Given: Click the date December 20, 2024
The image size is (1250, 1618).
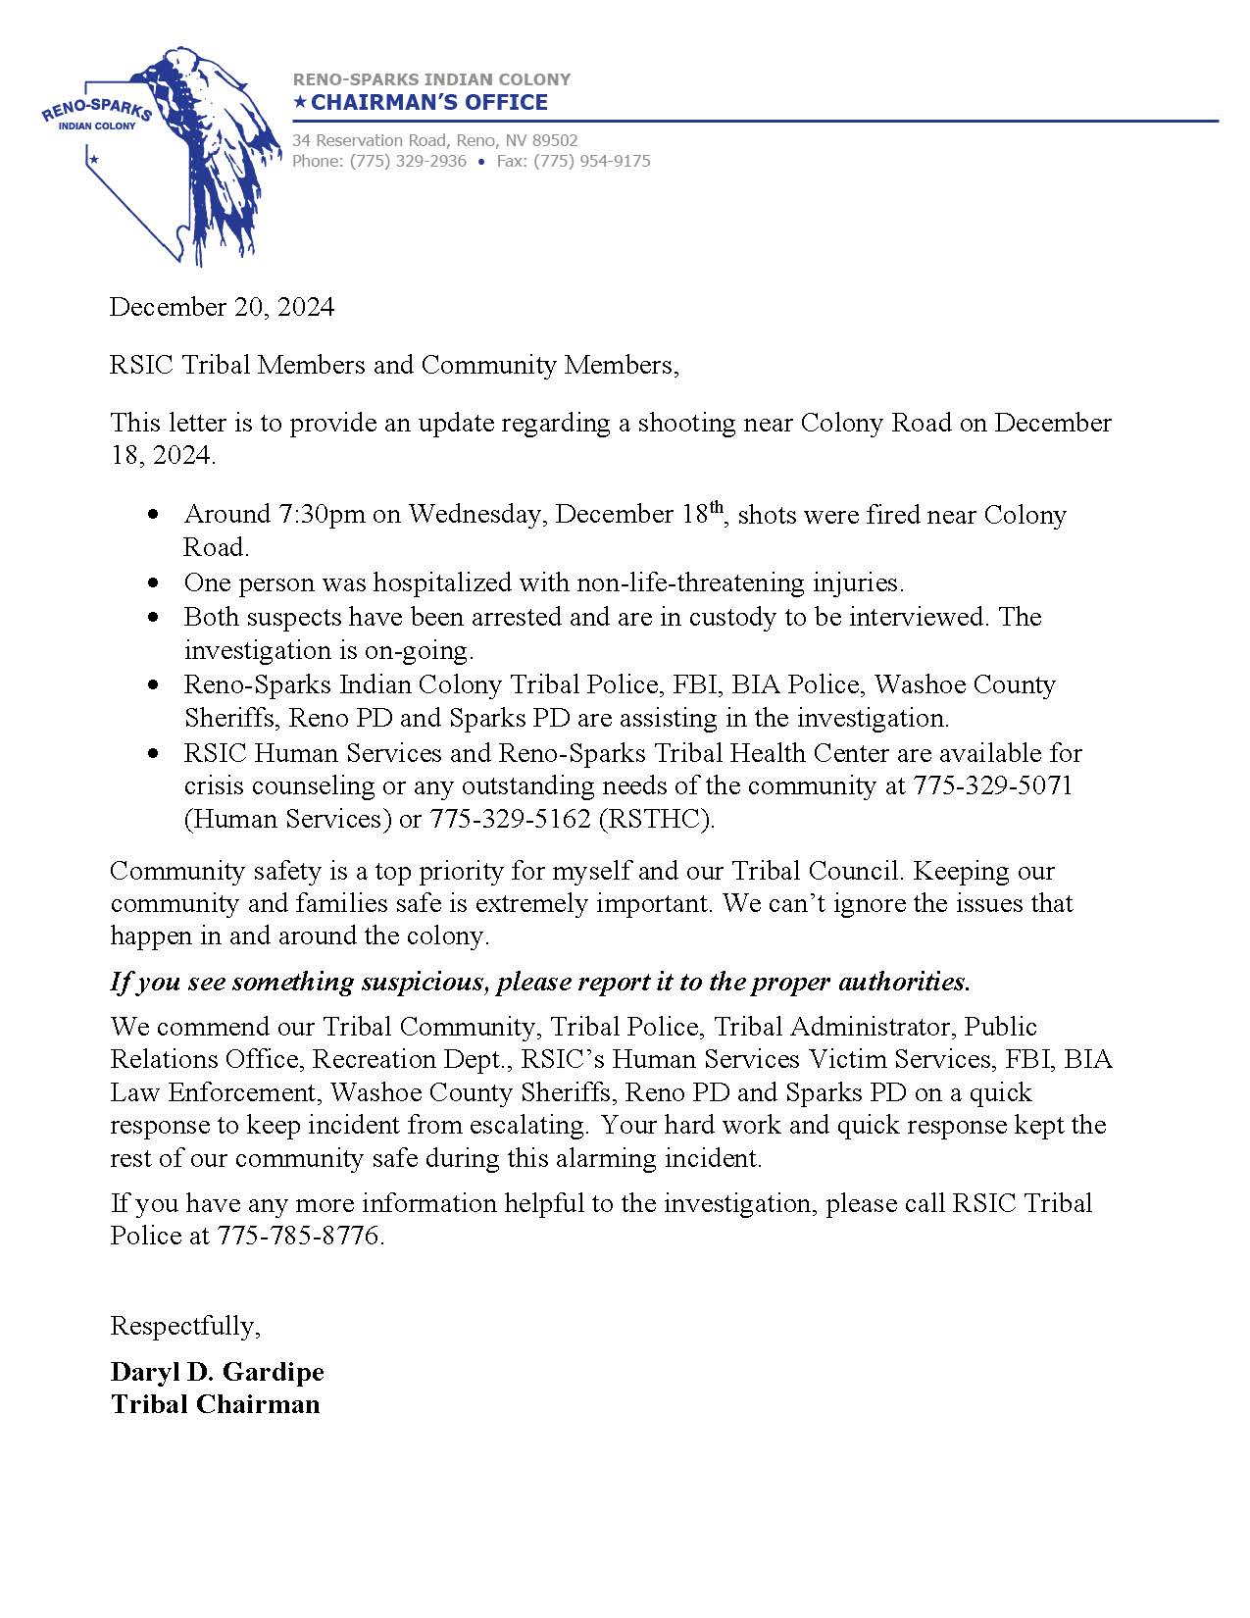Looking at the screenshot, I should click(x=222, y=307).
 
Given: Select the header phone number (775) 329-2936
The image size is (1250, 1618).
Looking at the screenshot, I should click(x=408, y=161).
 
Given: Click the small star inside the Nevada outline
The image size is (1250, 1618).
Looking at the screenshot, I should click(x=94, y=159).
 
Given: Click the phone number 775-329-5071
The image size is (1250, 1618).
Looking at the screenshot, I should click(x=992, y=785).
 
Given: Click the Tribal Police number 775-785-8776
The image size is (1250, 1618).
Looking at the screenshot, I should click(x=298, y=1236).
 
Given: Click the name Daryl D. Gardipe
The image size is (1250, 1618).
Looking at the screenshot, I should click(x=217, y=1371).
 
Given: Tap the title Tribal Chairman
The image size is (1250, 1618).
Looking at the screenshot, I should click(x=215, y=1404).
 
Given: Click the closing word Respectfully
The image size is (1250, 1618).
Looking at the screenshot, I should click(x=185, y=1326).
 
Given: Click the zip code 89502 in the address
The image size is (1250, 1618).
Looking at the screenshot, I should click(x=555, y=141).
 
